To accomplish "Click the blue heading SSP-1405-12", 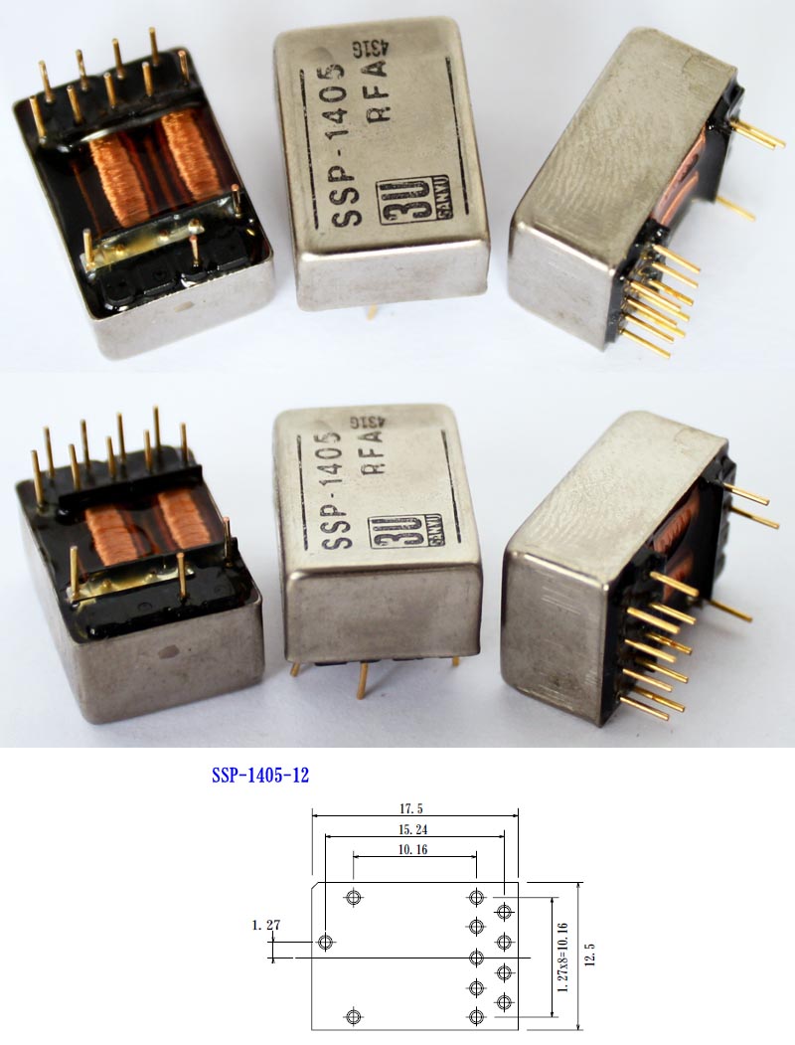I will point(260,775).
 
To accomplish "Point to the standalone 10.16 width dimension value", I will point(414,849).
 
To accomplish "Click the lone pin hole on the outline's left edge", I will point(325,941).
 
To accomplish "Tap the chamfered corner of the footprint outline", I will point(317,887).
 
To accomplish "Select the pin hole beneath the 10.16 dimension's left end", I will point(353,898).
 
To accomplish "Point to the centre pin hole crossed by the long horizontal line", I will point(476,957).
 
